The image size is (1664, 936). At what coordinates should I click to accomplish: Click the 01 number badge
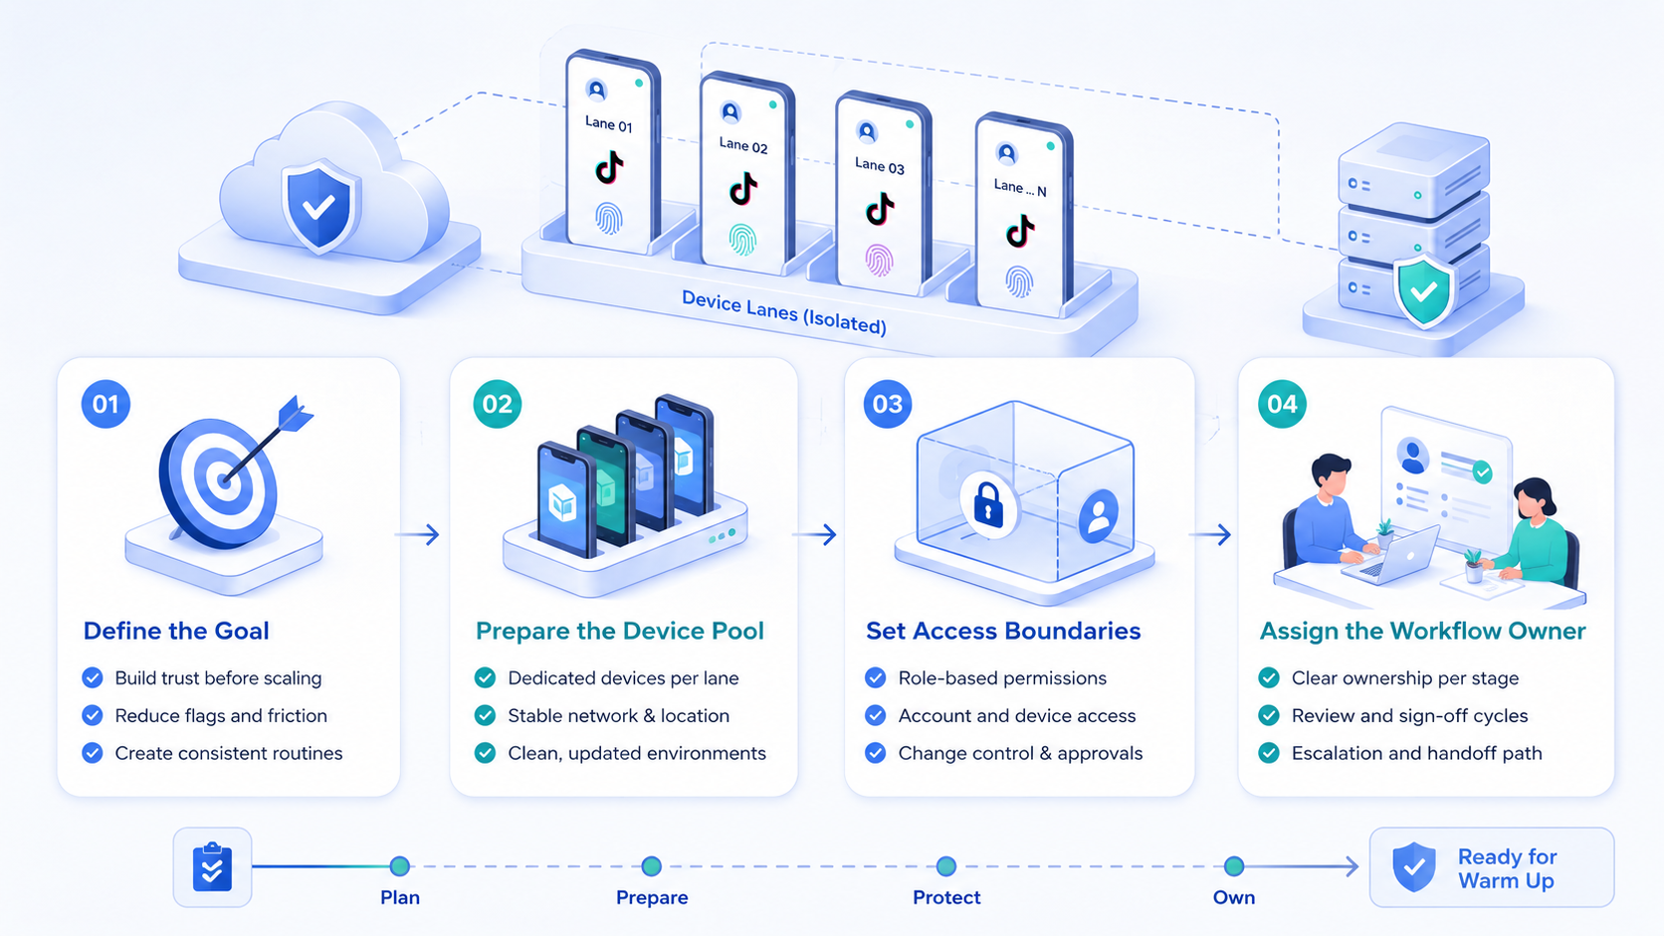pyautogui.click(x=105, y=404)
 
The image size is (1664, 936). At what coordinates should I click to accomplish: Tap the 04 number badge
pyautogui.click(x=1282, y=404)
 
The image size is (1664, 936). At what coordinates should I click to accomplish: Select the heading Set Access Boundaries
pyautogui.click(x=1003, y=631)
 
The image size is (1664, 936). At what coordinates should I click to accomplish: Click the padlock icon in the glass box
pyautogui.click(x=988, y=504)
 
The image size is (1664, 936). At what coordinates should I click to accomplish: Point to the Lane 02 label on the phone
pyautogui.click(x=742, y=145)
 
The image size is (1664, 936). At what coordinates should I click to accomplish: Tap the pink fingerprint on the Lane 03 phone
pyautogui.click(x=879, y=261)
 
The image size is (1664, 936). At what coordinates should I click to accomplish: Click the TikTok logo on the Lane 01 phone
pyautogui.click(x=608, y=168)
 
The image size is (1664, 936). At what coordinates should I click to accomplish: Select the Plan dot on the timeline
pyautogui.click(x=400, y=865)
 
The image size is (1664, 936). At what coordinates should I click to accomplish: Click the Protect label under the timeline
pyautogui.click(x=946, y=897)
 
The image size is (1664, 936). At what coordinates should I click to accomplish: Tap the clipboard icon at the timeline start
pyautogui.click(x=212, y=866)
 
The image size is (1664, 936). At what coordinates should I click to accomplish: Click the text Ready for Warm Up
pyautogui.click(x=1507, y=868)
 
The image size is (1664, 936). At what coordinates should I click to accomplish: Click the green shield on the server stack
pyautogui.click(x=1424, y=291)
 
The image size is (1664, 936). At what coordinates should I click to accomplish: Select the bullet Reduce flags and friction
pyautogui.click(x=221, y=715)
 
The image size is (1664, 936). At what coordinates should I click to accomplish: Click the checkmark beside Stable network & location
pyautogui.click(x=485, y=715)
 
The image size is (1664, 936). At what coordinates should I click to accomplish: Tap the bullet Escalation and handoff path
pyautogui.click(x=1416, y=753)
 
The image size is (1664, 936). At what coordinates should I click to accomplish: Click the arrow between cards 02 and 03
pyautogui.click(x=814, y=534)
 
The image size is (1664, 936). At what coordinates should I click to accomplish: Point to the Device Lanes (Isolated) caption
pyautogui.click(x=783, y=312)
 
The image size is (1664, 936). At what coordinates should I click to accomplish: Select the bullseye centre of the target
pyautogui.click(x=224, y=479)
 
